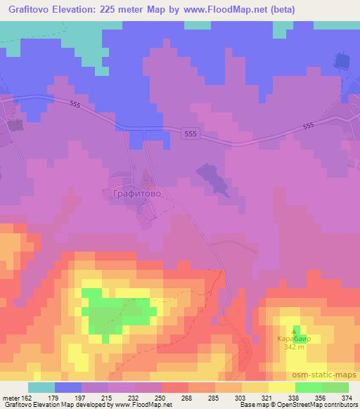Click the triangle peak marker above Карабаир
[x=295, y=329]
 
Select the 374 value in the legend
[x=346, y=398]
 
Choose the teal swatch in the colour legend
[x=41, y=387]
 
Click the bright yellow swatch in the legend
[x=281, y=387]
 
